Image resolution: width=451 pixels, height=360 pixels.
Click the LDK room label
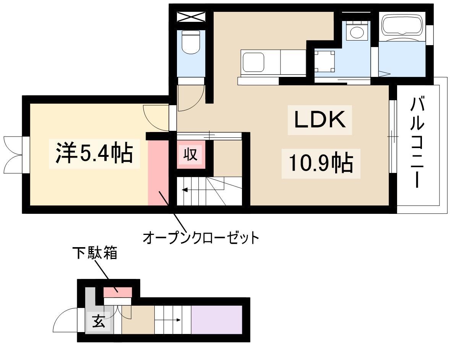tap(320, 119)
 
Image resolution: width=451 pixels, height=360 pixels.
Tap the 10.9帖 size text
tap(321, 163)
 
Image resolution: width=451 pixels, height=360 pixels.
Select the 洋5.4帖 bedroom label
tap(94, 153)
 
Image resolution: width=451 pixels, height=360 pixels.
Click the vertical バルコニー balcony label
tap(417, 142)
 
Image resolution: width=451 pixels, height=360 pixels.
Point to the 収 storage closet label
tap(191, 154)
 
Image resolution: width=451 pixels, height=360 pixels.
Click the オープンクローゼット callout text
tap(201, 238)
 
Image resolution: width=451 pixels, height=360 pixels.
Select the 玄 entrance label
tap(99, 322)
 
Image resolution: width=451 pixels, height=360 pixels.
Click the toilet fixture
tap(191, 42)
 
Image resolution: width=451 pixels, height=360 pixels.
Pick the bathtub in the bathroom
tap(402, 26)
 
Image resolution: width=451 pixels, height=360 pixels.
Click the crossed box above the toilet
tap(191, 17)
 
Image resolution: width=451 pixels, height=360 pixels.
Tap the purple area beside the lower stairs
tap(217, 320)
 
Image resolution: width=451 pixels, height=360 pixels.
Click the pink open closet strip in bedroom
tap(158, 173)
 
